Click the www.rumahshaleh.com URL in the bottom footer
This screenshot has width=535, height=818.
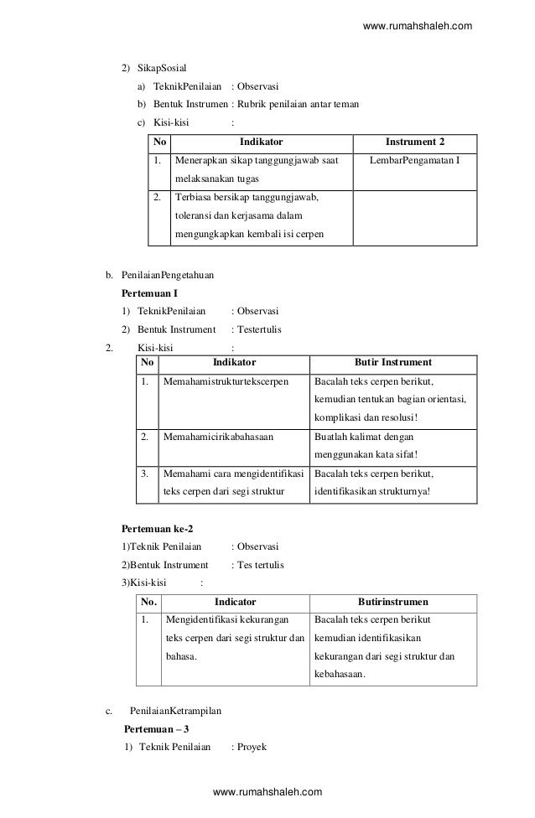267,792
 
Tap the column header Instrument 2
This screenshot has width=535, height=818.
415,142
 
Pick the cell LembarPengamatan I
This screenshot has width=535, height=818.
415,160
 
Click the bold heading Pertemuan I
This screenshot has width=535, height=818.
150,293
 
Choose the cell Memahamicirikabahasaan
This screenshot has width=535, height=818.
217,437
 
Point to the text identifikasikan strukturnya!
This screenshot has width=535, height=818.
371,491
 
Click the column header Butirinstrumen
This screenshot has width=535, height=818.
393,602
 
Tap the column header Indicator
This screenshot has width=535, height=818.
236,602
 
